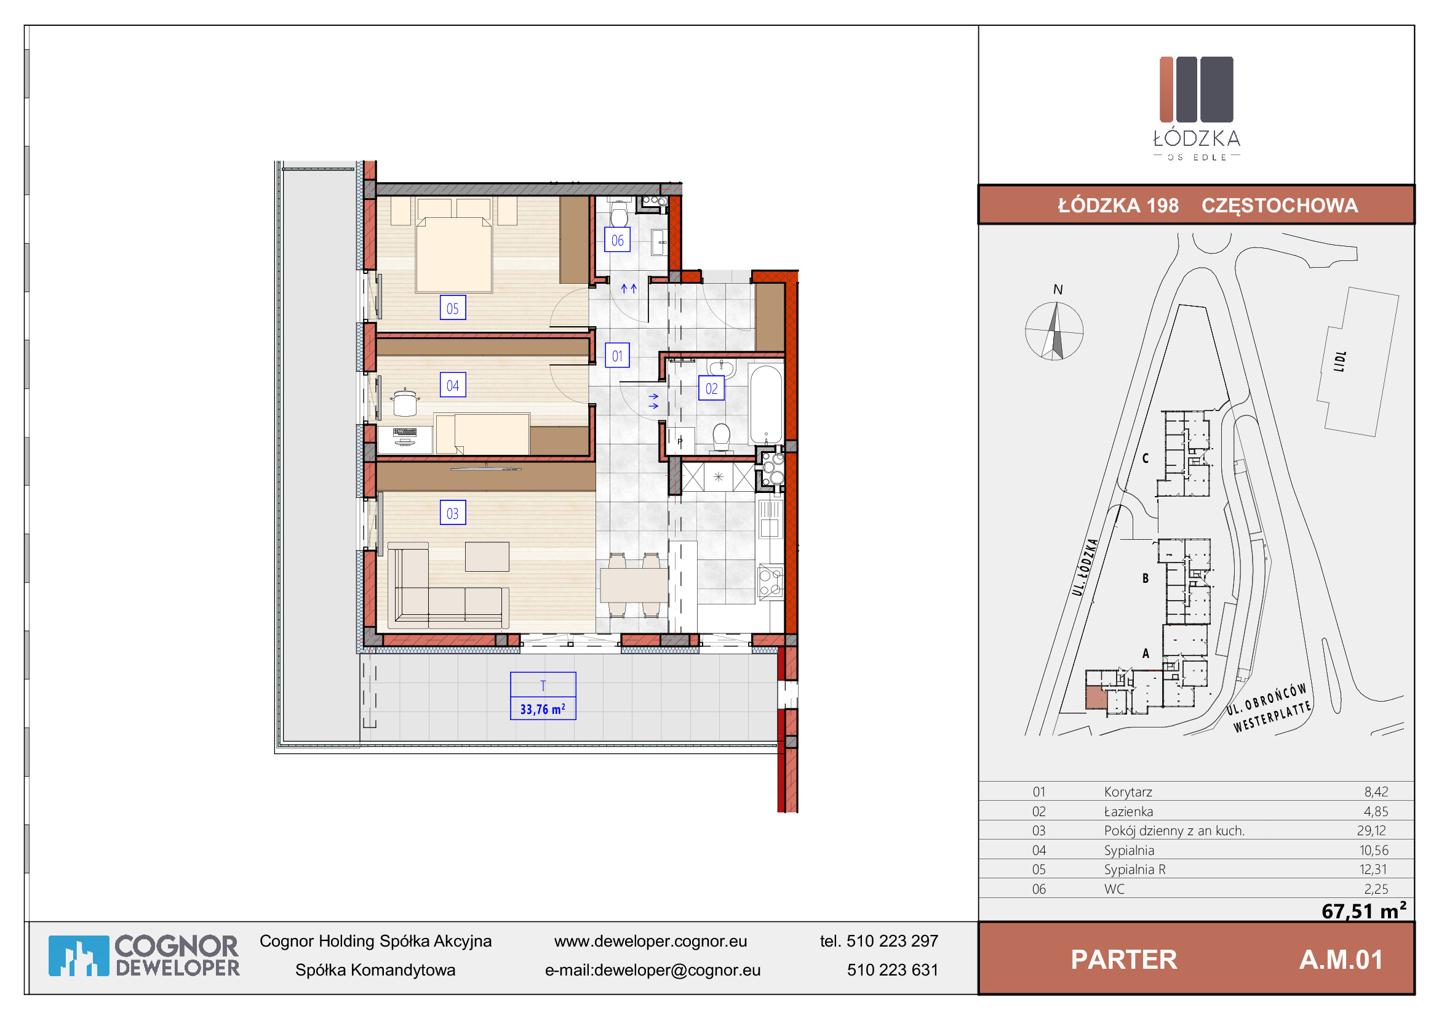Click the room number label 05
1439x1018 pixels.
[x=453, y=308]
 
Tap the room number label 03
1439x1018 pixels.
[x=453, y=513]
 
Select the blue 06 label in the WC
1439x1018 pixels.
[x=617, y=239]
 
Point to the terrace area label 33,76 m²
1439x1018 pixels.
[x=543, y=709]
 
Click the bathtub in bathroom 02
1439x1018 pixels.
[x=766, y=405]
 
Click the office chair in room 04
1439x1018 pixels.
[x=405, y=402]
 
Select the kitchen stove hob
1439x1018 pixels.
[x=770, y=582]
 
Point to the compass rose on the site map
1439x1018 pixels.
[x=1054, y=331]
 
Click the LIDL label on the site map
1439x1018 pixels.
[x=1339, y=361]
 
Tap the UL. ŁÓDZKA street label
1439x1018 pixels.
[x=1085, y=567]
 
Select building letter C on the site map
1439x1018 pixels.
[x=1145, y=459]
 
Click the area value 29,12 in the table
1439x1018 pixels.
[x=1371, y=830]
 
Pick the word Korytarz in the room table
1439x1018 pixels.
[x=1128, y=792]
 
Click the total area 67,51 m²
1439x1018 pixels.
[x=1365, y=910]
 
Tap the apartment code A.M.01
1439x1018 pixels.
[x=1341, y=960]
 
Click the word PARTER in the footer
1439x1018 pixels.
[x=1124, y=960]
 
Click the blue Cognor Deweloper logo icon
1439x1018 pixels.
[x=79, y=955]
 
